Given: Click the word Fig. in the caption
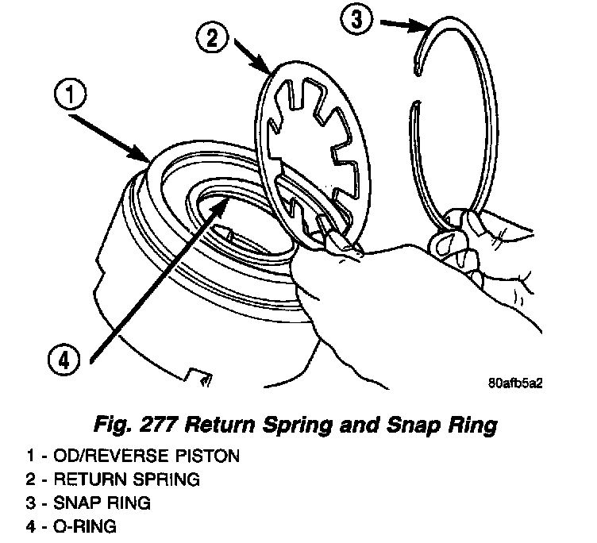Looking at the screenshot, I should (x=113, y=426).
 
